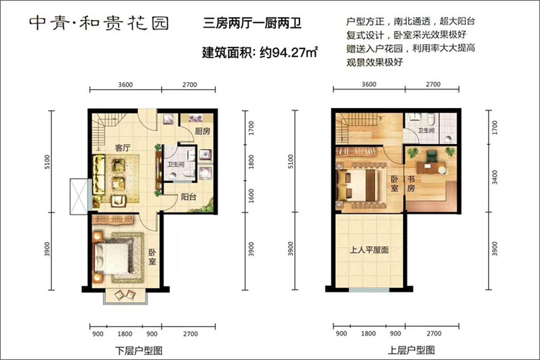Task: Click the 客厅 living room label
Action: [122, 148]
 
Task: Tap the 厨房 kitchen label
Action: [202, 131]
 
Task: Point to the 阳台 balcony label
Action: [189, 197]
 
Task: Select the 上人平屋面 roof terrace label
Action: [369, 250]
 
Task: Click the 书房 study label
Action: [411, 184]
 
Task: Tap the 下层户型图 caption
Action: [138, 351]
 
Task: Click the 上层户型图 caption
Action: [411, 351]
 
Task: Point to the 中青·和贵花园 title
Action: [99, 24]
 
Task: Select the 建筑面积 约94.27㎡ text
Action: [260, 53]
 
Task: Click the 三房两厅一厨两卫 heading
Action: [253, 23]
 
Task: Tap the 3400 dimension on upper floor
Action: [495, 177]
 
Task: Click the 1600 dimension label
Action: [251, 196]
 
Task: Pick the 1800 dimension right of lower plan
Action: [251, 162]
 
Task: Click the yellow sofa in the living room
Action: [99, 175]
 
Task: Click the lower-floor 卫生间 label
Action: [176, 165]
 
